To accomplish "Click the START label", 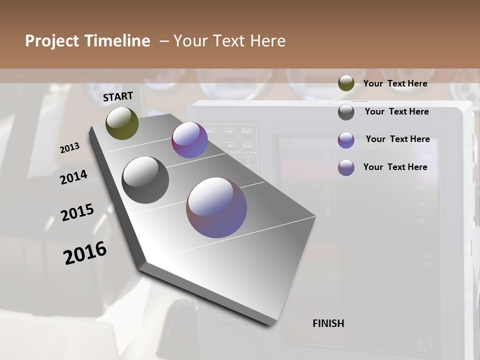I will tap(118, 96).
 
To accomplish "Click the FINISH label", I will tap(328, 323).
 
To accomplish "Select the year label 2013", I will tap(70, 148).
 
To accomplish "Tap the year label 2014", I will tap(73, 177).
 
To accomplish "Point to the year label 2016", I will tap(85, 253).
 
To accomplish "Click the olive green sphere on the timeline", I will tap(122, 123).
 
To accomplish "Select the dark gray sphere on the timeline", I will tap(145, 180).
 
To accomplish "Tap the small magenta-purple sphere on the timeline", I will tap(189, 140).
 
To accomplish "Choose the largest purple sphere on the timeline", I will tap(216, 207).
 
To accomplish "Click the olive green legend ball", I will tap(346, 83).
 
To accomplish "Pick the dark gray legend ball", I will tap(346, 112).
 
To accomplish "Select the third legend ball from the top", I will tap(346, 140).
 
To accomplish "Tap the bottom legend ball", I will tap(346, 167).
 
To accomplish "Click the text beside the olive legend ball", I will tap(395, 84).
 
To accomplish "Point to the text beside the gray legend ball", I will tap(396, 111).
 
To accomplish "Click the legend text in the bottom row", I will tap(395, 167).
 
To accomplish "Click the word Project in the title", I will tap(52, 41).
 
